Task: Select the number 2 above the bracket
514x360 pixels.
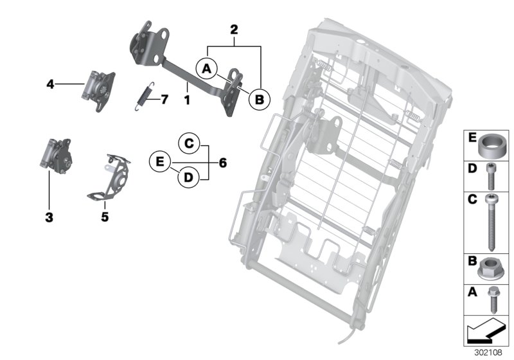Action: (x=233, y=29)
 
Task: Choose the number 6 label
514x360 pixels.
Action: (x=223, y=163)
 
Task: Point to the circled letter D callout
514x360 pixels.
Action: (x=188, y=177)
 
